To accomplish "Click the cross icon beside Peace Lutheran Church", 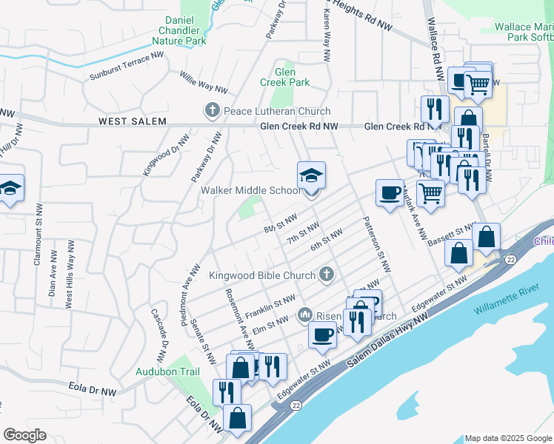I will (213, 111).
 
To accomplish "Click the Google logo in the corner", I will (24, 435).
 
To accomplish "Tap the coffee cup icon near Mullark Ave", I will (390, 194).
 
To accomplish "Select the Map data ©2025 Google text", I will (507, 438).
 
